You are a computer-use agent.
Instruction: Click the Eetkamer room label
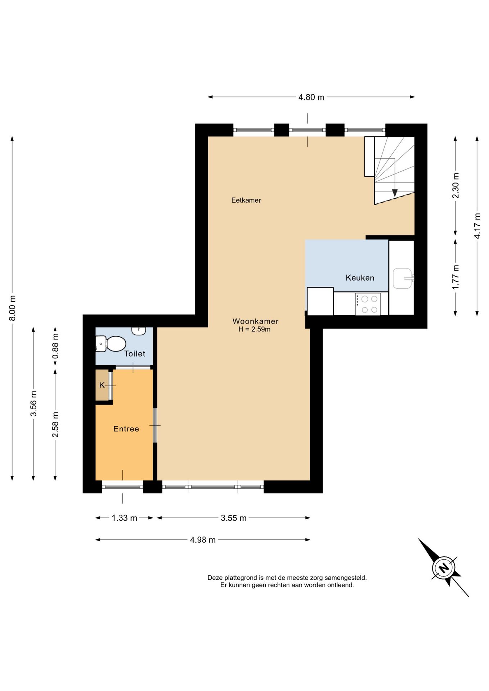pyautogui.click(x=246, y=200)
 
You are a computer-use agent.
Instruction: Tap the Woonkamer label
pyautogui.click(x=255, y=321)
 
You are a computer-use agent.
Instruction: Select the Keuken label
pyautogui.click(x=360, y=278)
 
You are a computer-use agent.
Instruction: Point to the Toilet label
pyautogui.click(x=135, y=354)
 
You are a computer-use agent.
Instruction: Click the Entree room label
pyautogui.click(x=126, y=429)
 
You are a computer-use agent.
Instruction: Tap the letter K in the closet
pyautogui.click(x=102, y=385)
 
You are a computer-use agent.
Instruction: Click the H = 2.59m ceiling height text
pyautogui.click(x=254, y=329)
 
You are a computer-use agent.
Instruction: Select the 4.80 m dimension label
pyautogui.click(x=311, y=97)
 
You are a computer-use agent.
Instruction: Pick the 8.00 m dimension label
pyautogui.click(x=12, y=308)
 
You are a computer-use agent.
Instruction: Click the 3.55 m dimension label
pyautogui.click(x=233, y=518)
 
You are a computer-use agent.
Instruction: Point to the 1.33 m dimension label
pyautogui.click(x=124, y=518)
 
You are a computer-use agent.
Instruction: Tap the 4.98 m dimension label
pyautogui.click(x=203, y=540)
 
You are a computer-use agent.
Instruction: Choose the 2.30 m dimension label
pyautogui.click(x=456, y=185)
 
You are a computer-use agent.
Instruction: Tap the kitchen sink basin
pyautogui.click(x=402, y=278)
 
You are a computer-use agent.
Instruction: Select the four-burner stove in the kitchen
pyautogui.click(x=368, y=304)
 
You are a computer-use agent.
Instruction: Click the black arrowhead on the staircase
pyautogui.click(x=395, y=193)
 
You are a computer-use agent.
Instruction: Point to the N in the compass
pyautogui.click(x=444, y=568)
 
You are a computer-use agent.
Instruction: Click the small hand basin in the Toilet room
pyautogui.click(x=139, y=331)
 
